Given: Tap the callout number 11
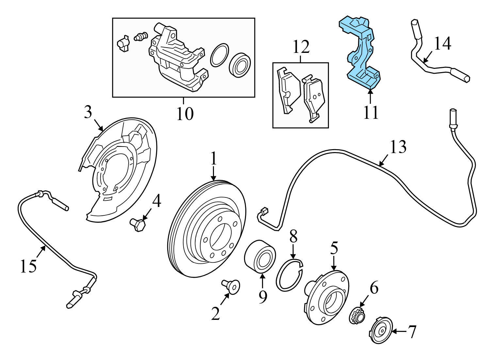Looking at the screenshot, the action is click(370, 113).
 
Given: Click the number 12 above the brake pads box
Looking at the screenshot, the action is click(301, 47).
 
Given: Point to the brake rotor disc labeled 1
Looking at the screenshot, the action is click(206, 229).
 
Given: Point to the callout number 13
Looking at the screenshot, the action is click(398, 147).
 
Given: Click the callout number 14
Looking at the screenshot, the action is click(443, 43).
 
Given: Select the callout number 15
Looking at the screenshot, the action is click(28, 266).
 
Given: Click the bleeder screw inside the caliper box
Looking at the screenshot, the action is click(141, 37).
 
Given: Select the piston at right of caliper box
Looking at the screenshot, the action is click(240, 65).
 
